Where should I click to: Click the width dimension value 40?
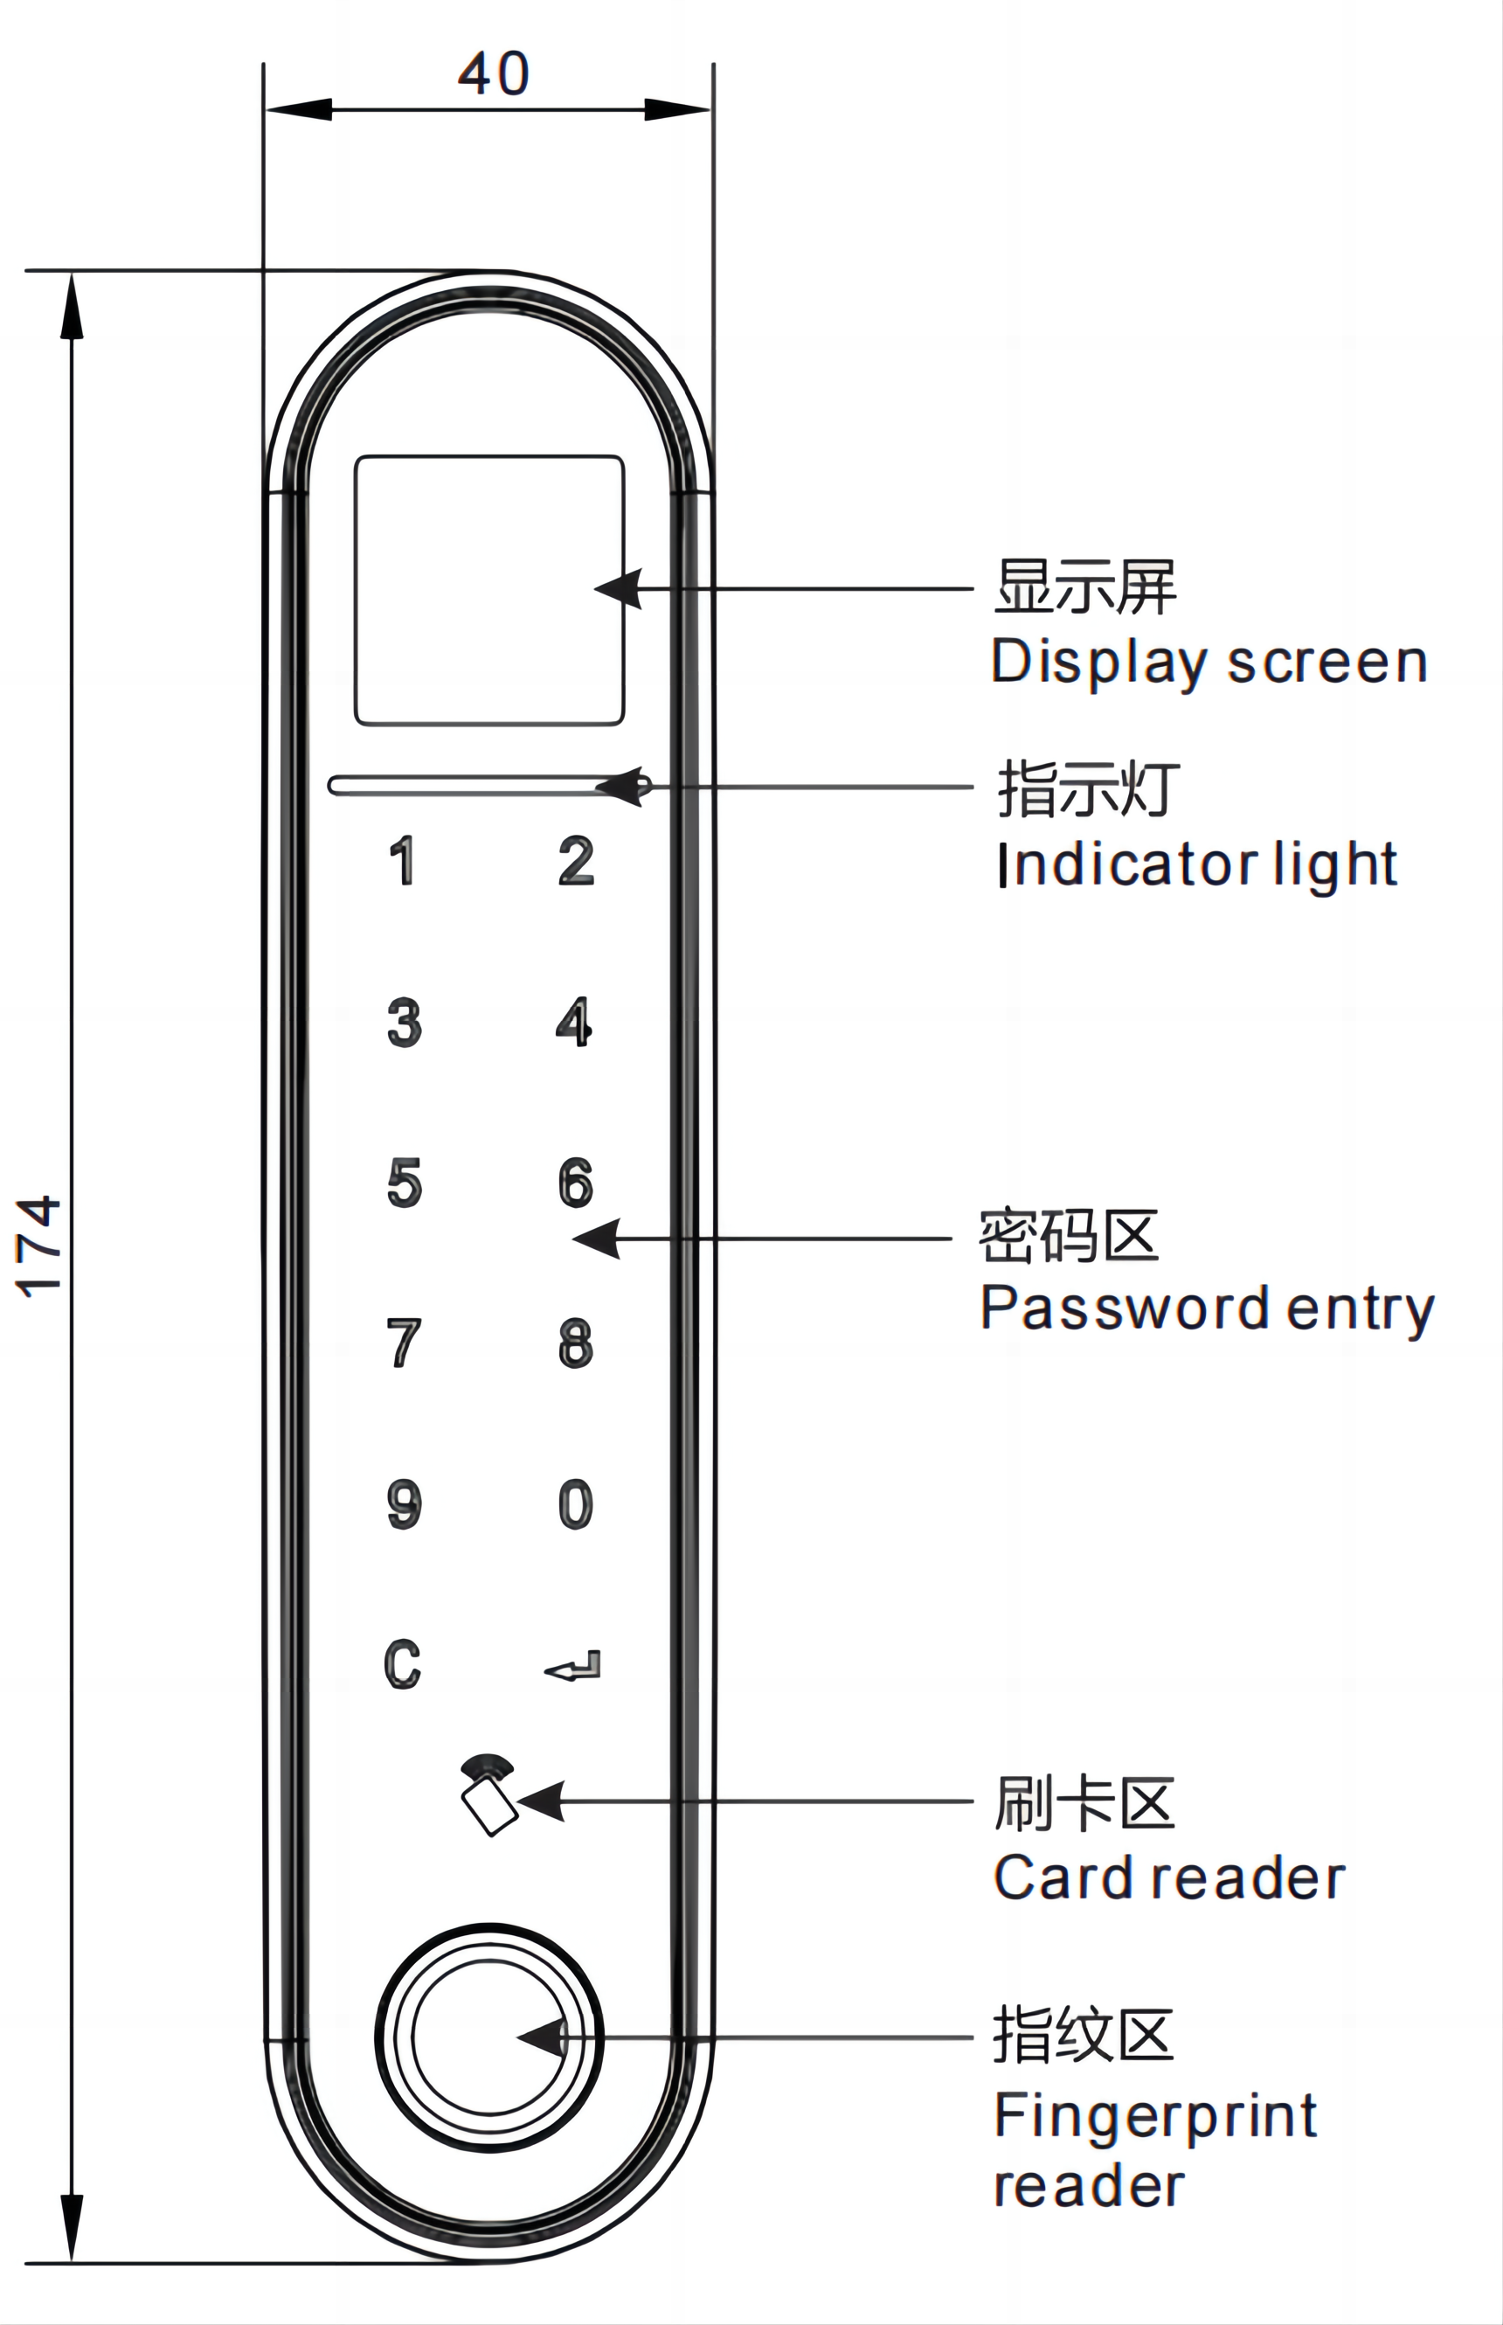494,74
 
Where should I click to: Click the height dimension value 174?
41,1247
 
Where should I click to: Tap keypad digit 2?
576,861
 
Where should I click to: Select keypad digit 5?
404,1183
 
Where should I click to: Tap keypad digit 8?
576,1343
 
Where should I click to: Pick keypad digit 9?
404,1504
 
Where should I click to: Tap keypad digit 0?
576,1504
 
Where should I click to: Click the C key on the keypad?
402,1665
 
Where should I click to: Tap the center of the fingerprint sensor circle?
489,2038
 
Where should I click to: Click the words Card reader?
1169,1878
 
